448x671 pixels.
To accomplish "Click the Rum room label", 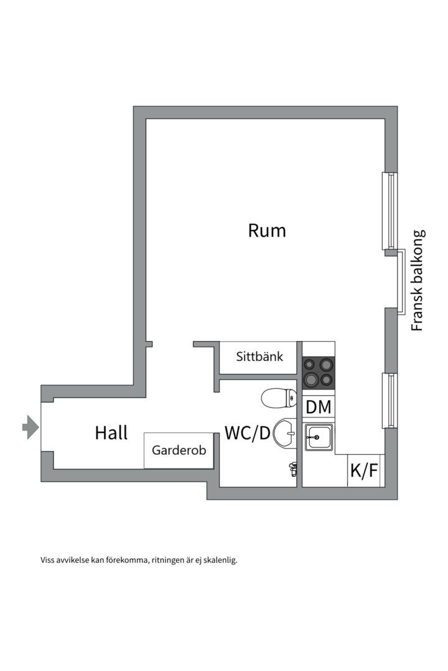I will point(267,231).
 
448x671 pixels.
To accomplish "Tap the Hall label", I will point(111,432).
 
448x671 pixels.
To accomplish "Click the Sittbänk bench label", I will point(259,357).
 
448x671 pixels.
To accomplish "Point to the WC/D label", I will point(247,433).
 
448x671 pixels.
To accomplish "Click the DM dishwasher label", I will point(319,408).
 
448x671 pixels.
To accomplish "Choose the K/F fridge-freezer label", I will point(364,471).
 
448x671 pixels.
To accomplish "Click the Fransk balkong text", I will point(418,280).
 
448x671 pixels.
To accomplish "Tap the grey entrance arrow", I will point(30,427).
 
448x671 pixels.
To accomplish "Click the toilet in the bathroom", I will point(278,398).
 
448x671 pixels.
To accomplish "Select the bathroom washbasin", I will point(286,432).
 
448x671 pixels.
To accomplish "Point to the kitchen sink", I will point(319,437).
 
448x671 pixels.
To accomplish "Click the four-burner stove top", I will point(319,372).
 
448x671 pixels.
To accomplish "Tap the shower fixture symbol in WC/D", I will point(292,468).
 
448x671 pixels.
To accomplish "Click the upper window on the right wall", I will point(389,211).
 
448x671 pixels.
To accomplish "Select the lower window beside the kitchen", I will point(390,400).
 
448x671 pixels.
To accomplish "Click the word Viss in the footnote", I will point(48,560).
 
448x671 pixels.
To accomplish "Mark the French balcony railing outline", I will point(402,281).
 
